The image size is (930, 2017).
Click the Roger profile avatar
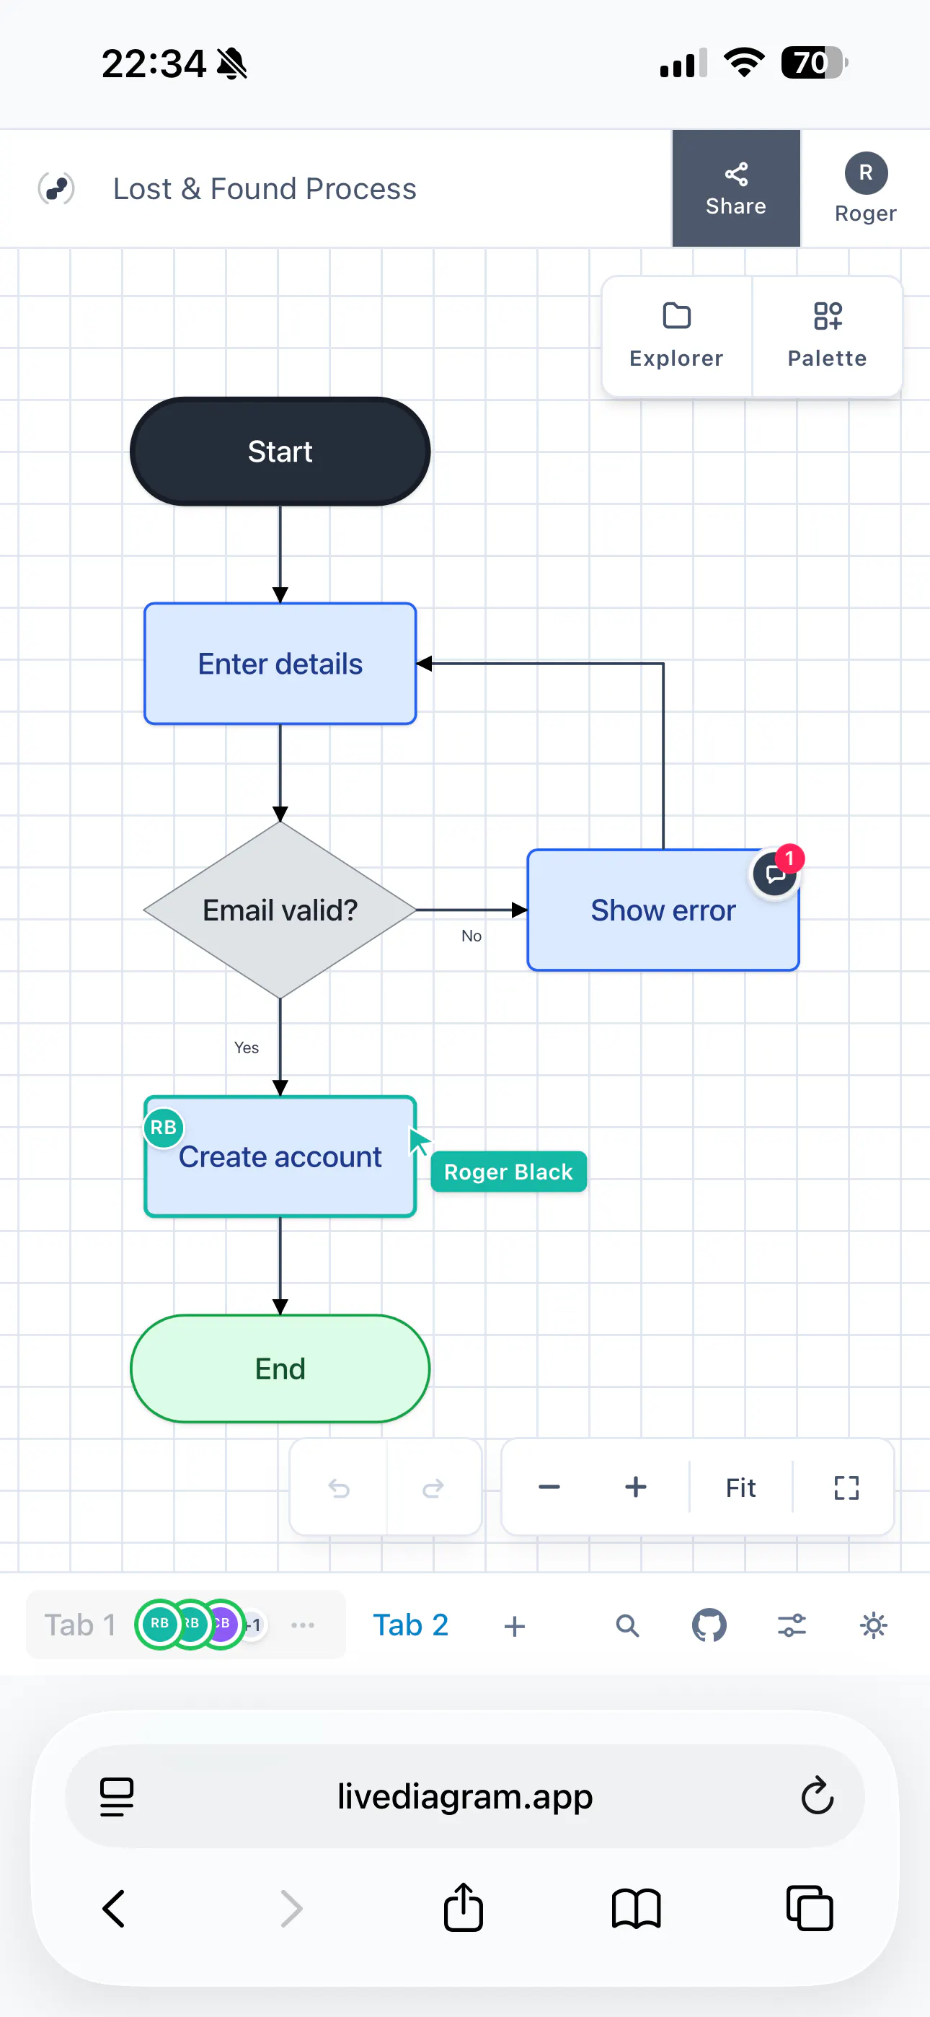(866, 173)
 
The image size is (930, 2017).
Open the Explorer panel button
(676, 336)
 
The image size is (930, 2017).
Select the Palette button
(827, 336)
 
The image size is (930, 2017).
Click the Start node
(280, 452)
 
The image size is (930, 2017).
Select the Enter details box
(280, 664)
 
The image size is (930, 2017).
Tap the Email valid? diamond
(280, 910)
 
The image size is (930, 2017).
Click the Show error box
(663, 910)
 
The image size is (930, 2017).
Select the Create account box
(280, 1156)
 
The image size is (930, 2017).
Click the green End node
(280, 1368)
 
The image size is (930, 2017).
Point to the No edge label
(471, 936)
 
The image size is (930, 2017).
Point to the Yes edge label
(247, 1047)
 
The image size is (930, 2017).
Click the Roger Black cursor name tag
(509, 1172)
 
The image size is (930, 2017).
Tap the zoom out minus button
(549, 1487)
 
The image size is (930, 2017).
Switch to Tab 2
(410, 1625)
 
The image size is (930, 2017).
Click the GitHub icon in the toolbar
(709, 1625)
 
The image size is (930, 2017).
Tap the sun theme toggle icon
(874, 1625)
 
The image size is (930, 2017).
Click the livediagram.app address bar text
(465, 1796)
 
